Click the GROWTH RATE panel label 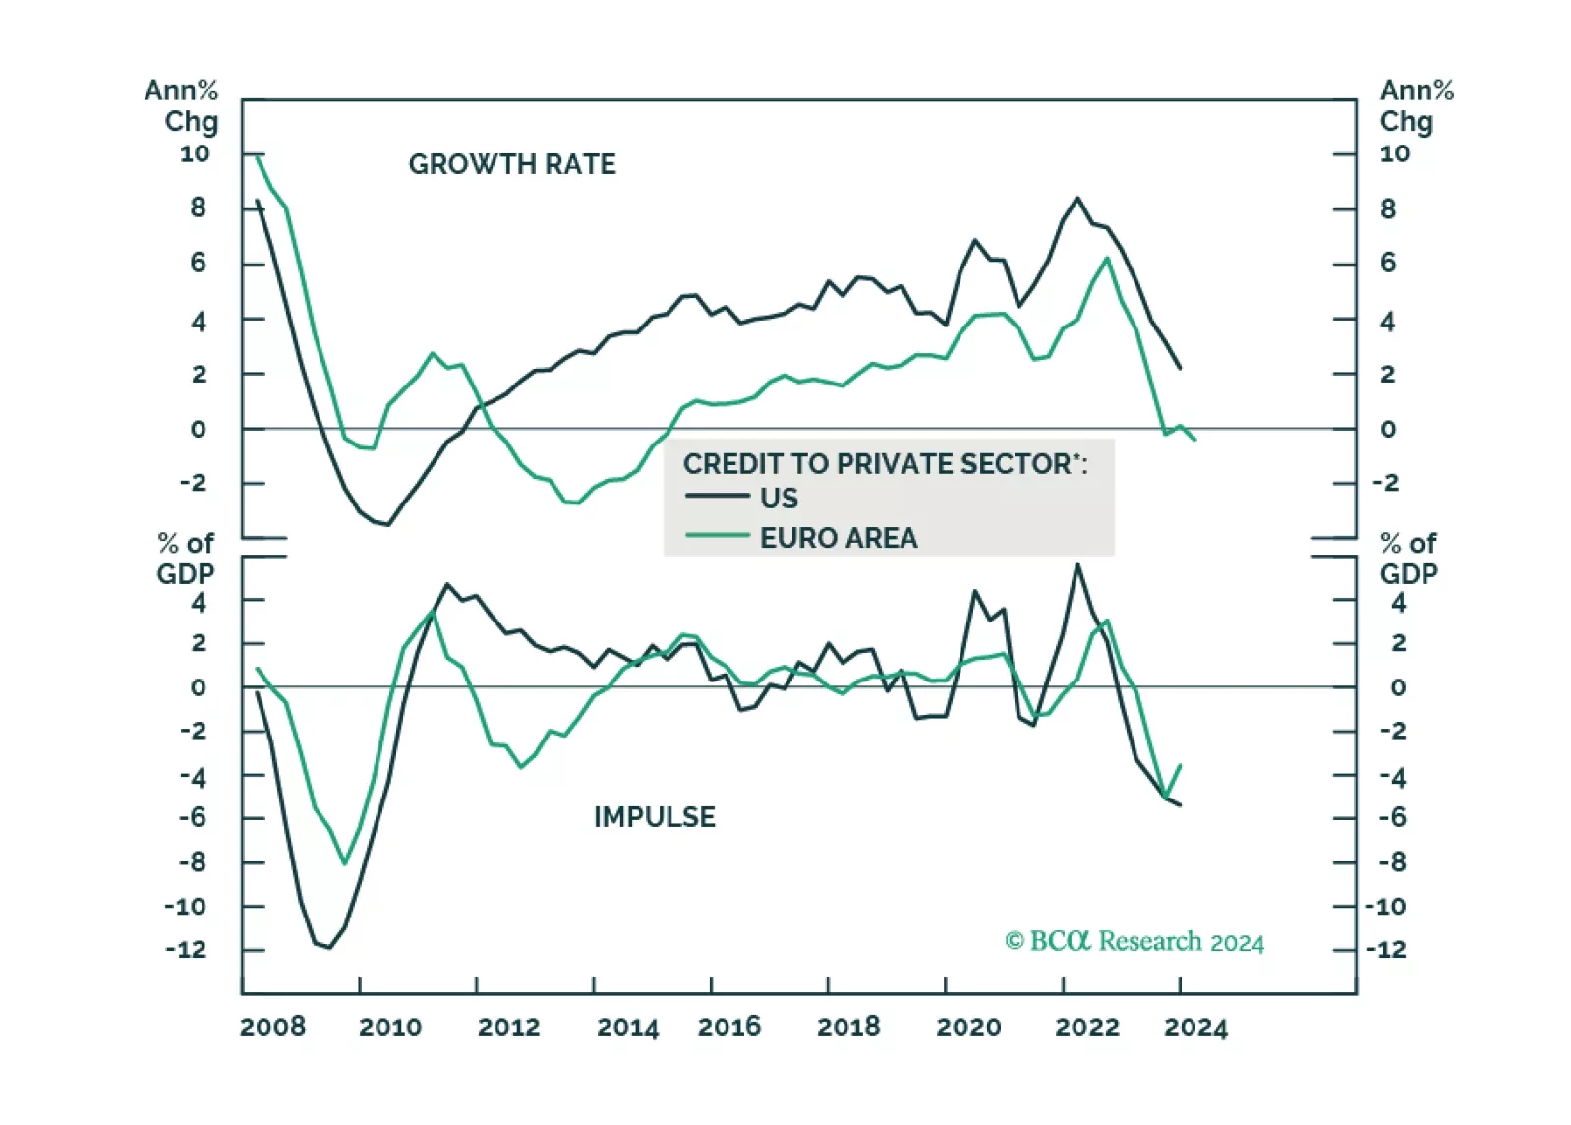(512, 164)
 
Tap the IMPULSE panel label (654, 817)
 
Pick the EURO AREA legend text (839, 538)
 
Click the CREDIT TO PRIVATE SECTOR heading (885, 463)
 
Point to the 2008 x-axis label (272, 1027)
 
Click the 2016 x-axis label (728, 1027)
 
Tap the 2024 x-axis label (1195, 1028)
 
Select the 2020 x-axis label (968, 1027)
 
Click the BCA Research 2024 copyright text (1135, 942)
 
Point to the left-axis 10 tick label (195, 153)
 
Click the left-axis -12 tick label (186, 950)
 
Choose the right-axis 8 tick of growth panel (1387, 208)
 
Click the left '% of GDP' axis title (186, 559)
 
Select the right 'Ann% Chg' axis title (1416, 105)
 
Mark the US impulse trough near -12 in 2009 (328, 948)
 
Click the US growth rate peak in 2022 (1077, 199)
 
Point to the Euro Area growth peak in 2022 (1107, 259)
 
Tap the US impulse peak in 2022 (1077, 564)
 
